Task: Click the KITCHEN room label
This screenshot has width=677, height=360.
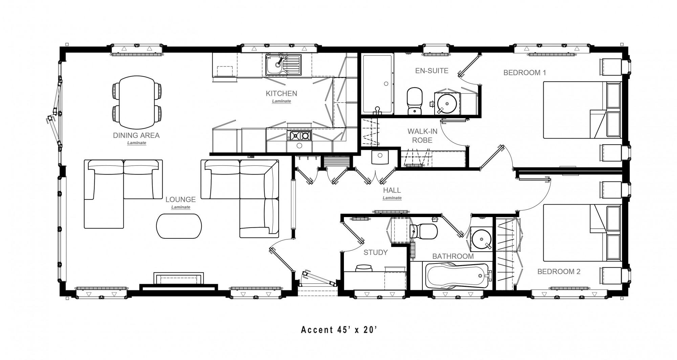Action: tap(281, 93)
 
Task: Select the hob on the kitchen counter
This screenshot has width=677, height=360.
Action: tap(300, 136)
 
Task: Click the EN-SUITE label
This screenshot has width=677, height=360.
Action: tap(432, 71)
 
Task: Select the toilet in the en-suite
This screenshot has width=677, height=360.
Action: tap(414, 101)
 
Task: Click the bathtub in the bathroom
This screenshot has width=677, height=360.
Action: tap(456, 275)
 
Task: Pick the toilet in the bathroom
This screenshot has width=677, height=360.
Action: tap(424, 231)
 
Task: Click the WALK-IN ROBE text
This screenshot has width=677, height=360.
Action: tap(422, 136)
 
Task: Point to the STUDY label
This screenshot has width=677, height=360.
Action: tap(375, 252)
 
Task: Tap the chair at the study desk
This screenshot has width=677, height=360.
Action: tap(364, 268)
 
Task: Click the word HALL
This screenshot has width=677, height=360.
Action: tap(392, 190)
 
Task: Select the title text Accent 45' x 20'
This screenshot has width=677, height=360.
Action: tap(339, 330)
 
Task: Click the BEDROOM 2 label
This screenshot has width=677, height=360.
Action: tap(559, 272)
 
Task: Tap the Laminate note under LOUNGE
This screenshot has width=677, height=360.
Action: tap(180, 207)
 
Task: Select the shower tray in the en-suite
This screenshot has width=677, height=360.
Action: tap(377, 84)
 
